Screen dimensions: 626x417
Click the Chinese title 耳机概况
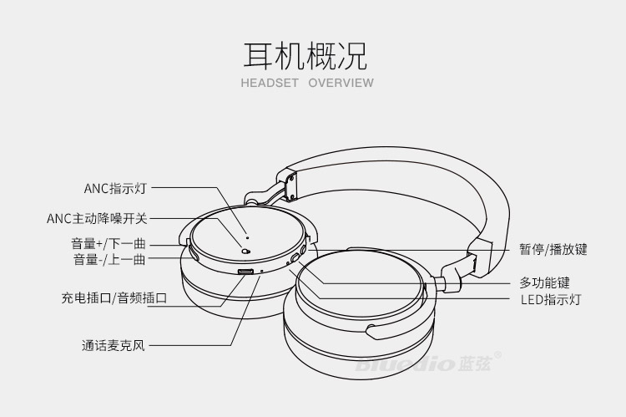pyautogui.click(x=305, y=56)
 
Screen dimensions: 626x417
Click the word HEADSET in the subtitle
pyautogui.click(x=270, y=83)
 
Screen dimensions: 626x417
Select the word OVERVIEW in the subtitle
pyautogui.click(x=341, y=83)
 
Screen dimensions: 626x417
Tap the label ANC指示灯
pyautogui.click(x=115, y=188)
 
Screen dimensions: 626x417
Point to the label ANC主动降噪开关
pyautogui.click(x=97, y=219)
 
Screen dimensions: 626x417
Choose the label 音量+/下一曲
pyautogui.click(x=109, y=244)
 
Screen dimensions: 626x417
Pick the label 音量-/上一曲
pyautogui.click(x=109, y=259)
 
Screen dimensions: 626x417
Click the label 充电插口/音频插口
pyautogui.click(x=114, y=297)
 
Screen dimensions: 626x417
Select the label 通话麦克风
pyautogui.click(x=113, y=345)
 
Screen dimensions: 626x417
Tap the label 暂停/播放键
pyautogui.click(x=553, y=250)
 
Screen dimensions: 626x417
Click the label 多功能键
pyautogui.click(x=544, y=283)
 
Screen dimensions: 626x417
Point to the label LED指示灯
pyautogui.click(x=551, y=299)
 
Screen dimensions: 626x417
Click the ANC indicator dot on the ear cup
pyautogui.click(x=248, y=238)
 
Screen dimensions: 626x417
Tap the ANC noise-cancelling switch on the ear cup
pyautogui.click(x=245, y=252)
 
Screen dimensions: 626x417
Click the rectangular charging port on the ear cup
pyautogui.click(x=245, y=272)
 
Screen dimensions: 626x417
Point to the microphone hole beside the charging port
pyautogui.click(x=262, y=272)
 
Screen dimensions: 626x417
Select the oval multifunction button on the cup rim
pyautogui.click(x=295, y=258)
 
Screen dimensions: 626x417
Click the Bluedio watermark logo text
pyautogui.click(x=405, y=364)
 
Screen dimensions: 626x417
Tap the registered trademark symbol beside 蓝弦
pyautogui.click(x=497, y=355)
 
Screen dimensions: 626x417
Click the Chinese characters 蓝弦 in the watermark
pyautogui.click(x=474, y=364)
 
